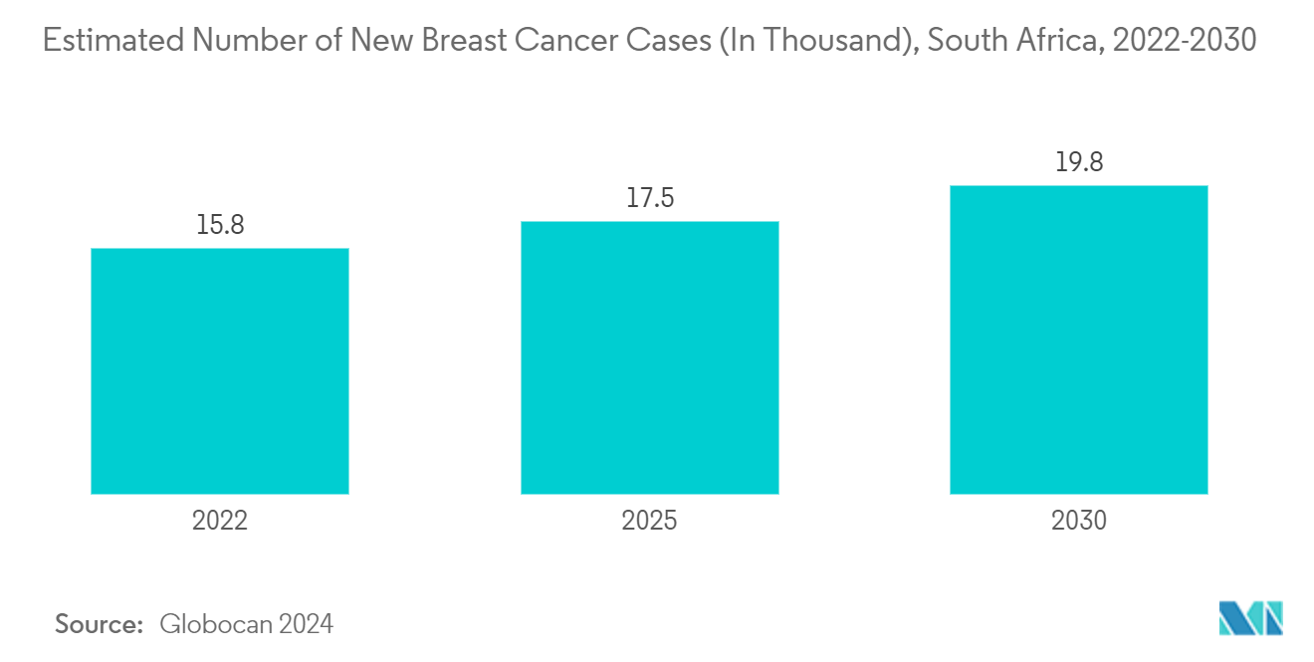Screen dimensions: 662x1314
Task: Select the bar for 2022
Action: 219,370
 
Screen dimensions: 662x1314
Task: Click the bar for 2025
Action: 649,357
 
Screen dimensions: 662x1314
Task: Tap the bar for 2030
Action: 1078,339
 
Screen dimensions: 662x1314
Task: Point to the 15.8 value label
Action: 220,226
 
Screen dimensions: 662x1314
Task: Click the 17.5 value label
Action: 649,198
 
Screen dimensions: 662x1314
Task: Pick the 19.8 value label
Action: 1079,162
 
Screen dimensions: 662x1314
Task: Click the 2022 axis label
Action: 219,521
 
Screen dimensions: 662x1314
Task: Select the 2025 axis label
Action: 649,521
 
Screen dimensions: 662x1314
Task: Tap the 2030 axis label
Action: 1079,521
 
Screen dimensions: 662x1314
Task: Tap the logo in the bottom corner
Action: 1251,618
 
